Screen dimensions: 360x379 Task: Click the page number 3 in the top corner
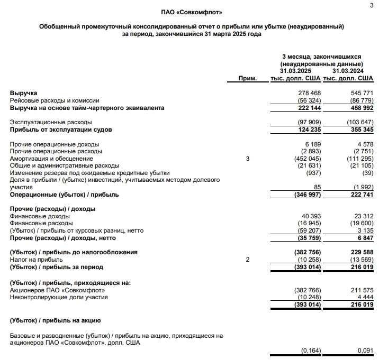370,5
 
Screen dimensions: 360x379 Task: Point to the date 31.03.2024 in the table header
347,71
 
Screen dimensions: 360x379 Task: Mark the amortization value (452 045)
308,159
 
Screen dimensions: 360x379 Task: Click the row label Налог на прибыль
36,260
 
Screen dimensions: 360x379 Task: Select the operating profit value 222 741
363,195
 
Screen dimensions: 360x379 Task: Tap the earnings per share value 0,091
365,350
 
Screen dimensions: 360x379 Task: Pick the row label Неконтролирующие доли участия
59,297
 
